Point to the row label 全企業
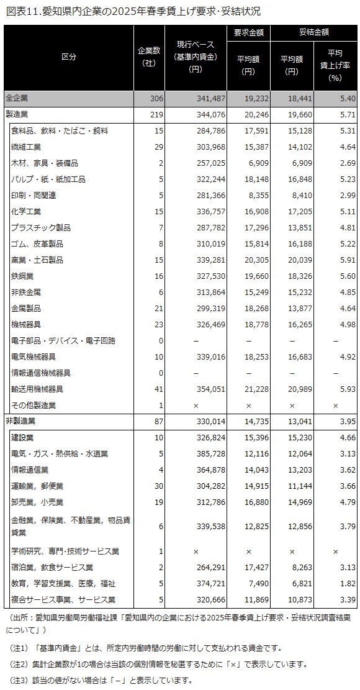click(17, 98)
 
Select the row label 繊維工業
click(27, 147)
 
